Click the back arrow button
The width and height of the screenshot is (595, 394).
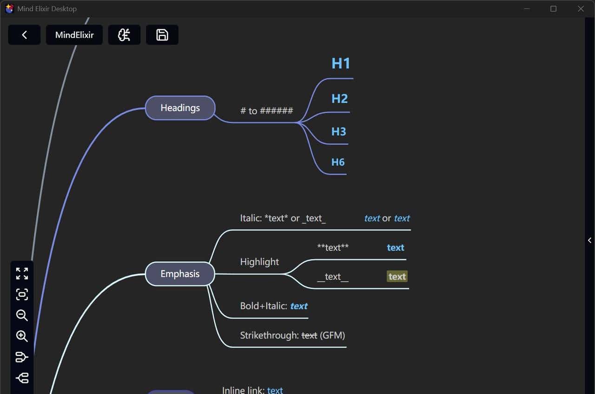click(x=24, y=35)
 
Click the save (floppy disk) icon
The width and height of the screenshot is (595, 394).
click(x=162, y=35)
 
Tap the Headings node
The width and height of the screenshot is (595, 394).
click(x=180, y=108)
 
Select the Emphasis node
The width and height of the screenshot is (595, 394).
click(x=180, y=274)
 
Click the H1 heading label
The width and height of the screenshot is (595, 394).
click(x=341, y=63)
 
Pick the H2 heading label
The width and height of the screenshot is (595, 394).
click(x=339, y=99)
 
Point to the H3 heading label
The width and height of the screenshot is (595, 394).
click(x=338, y=132)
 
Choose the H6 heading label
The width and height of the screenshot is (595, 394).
click(x=338, y=162)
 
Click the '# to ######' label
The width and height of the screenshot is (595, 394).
click(x=266, y=111)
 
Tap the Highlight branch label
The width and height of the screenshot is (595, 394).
click(x=259, y=262)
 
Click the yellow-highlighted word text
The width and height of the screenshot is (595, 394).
click(x=397, y=277)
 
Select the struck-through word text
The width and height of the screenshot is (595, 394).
click(x=309, y=335)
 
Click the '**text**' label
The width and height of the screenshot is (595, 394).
click(x=332, y=248)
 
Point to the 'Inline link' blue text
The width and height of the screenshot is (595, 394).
click(x=275, y=390)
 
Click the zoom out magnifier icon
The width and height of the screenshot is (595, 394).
click(x=22, y=315)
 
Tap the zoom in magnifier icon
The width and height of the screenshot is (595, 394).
click(x=22, y=336)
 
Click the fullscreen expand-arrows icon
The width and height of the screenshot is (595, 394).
click(x=22, y=273)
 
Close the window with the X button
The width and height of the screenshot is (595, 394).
click(x=581, y=9)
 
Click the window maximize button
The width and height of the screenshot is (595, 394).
click(x=553, y=9)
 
